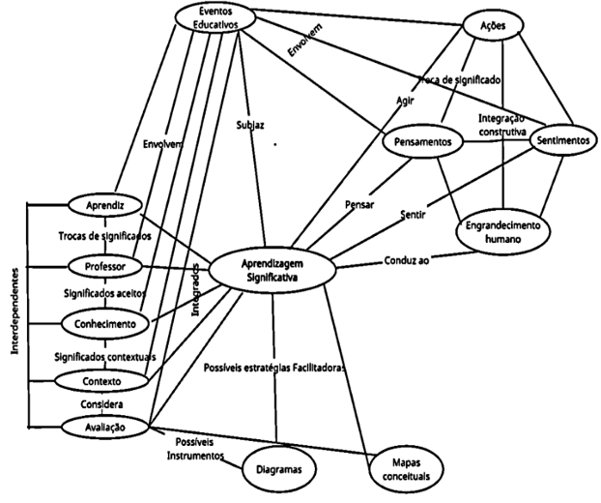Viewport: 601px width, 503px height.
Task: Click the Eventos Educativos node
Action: [206, 17]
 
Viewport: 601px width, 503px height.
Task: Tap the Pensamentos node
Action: [423, 141]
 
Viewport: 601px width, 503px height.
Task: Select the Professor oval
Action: [107, 264]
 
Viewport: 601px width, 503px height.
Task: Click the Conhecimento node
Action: [105, 322]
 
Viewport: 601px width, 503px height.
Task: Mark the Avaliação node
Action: [105, 424]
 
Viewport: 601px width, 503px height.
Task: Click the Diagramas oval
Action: [279, 468]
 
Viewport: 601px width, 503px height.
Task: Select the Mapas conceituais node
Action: [406, 469]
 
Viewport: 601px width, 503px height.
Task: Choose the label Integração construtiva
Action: [501, 123]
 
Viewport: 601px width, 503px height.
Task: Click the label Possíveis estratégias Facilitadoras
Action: [274, 368]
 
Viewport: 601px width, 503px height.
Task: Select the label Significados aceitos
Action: [106, 293]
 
